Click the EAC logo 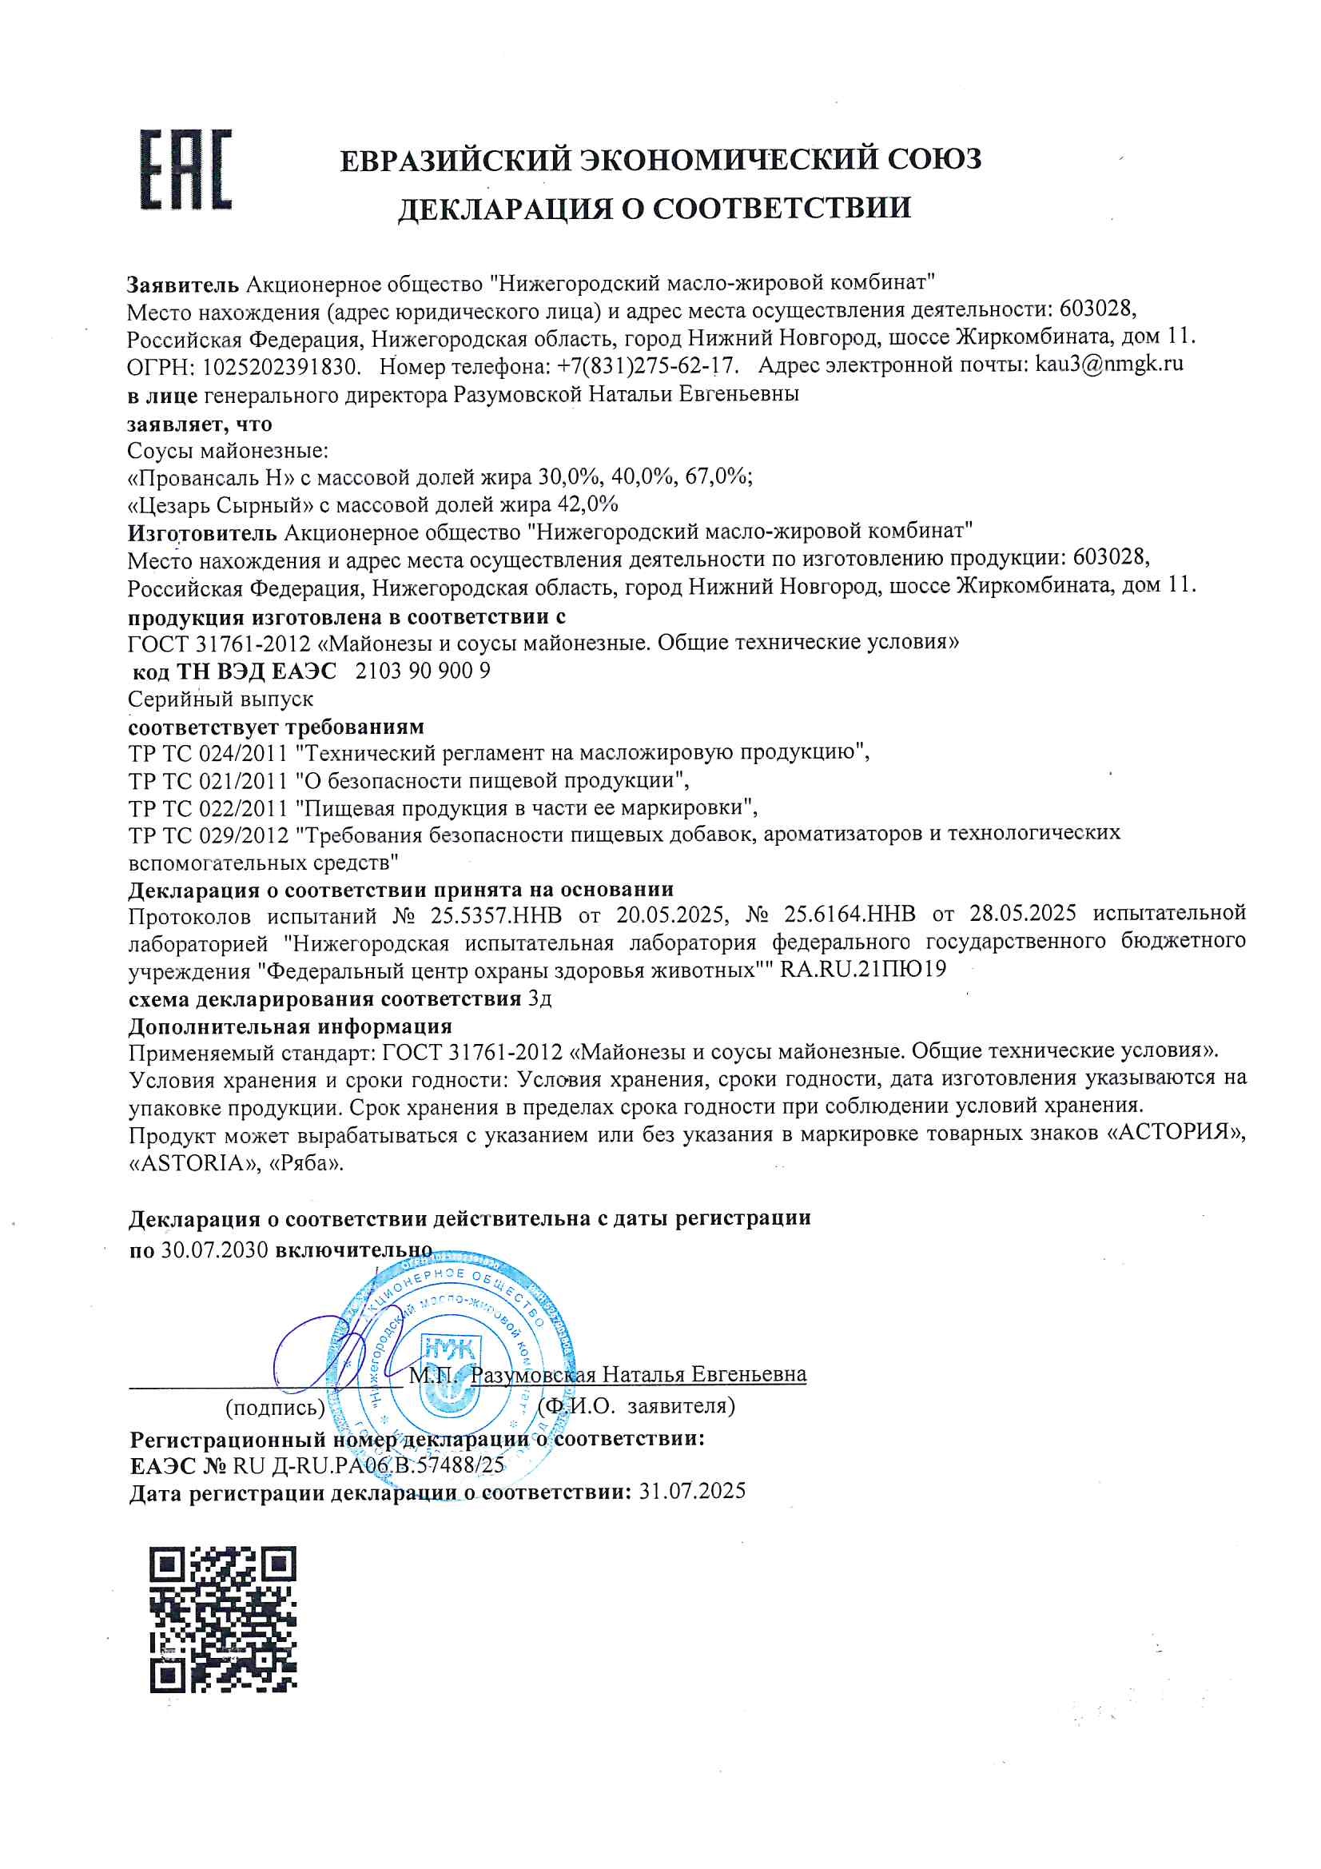pyautogui.click(x=185, y=169)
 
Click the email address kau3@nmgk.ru pyautogui.click(x=1108, y=364)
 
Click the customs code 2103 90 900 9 pyautogui.click(x=424, y=671)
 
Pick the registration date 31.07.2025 pyautogui.click(x=693, y=1492)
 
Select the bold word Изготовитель pyautogui.click(x=203, y=532)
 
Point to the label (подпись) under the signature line pyautogui.click(x=275, y=1406)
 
